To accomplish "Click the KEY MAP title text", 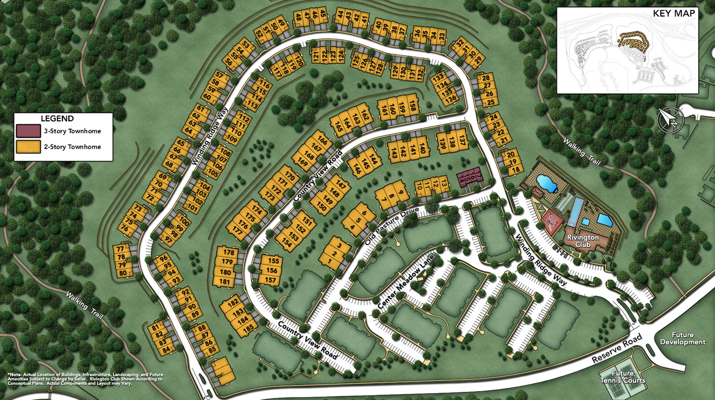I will click(674, 13).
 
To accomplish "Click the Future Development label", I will click(683, 338).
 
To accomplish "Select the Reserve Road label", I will click(617, 349).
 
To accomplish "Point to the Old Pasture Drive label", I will click(392, 226).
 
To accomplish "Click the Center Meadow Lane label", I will click(406, 282).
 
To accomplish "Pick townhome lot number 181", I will click(225, 282).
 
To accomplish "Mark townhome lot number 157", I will click(271, 280).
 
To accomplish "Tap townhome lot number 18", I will click(515, 170).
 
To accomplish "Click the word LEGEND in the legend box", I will click(57, 118).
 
